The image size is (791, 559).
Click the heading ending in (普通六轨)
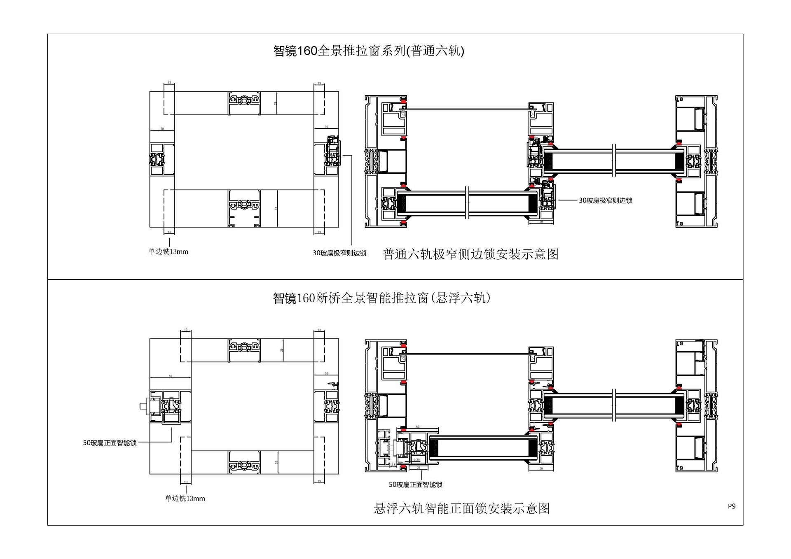(369, 51)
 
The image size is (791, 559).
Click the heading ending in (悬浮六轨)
(382, 298)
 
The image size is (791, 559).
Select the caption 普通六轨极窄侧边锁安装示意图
(470, 254)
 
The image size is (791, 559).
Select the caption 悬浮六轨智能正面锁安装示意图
(461, 508)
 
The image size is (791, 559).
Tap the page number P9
(731, 506)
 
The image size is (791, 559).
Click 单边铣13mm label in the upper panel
(168, 252)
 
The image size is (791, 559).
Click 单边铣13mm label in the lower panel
(185, 498)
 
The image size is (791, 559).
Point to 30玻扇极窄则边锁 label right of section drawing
(605, 200)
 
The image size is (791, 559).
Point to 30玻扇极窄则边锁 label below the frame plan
(339, 253)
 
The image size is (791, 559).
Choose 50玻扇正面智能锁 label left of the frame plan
(110, 443)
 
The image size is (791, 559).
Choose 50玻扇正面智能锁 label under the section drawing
(415, 484)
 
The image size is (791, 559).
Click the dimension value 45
(276, 208)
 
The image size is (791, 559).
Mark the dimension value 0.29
(417, 460)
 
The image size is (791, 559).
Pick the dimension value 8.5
(393, 465)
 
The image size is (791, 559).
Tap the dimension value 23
(419, 468)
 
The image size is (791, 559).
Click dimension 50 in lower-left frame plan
(170, 376)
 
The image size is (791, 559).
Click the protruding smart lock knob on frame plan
(143, 406)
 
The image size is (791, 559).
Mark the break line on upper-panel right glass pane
(614, 161)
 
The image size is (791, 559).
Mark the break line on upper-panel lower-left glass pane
(467, 203)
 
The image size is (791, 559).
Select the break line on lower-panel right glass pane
(614, 405)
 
